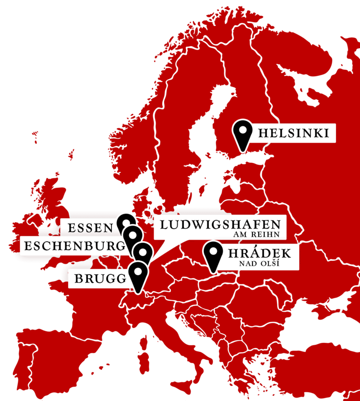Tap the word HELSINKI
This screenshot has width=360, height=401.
click(293, 133)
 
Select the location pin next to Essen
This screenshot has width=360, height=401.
click(126, 223)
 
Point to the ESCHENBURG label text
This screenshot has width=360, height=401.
click(72, 246)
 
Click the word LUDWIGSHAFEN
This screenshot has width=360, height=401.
click(219, 224)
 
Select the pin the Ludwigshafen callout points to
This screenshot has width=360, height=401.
click(143, 252)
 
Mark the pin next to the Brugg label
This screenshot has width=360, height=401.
click(138, 273)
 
